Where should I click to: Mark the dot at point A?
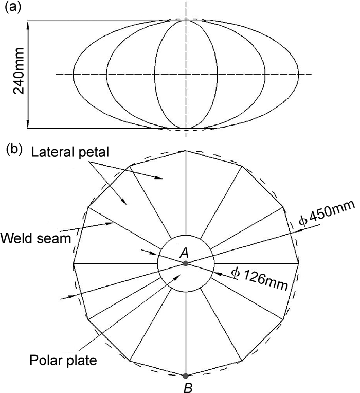click(186, 263)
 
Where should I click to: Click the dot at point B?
click(186, 376)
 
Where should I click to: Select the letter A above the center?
click(184, 252)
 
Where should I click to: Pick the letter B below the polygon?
click(188, 387)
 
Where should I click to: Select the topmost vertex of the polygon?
click(186, 151)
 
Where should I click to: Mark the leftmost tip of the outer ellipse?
click(73, 75)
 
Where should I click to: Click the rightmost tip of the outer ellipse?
click(298, 75)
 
